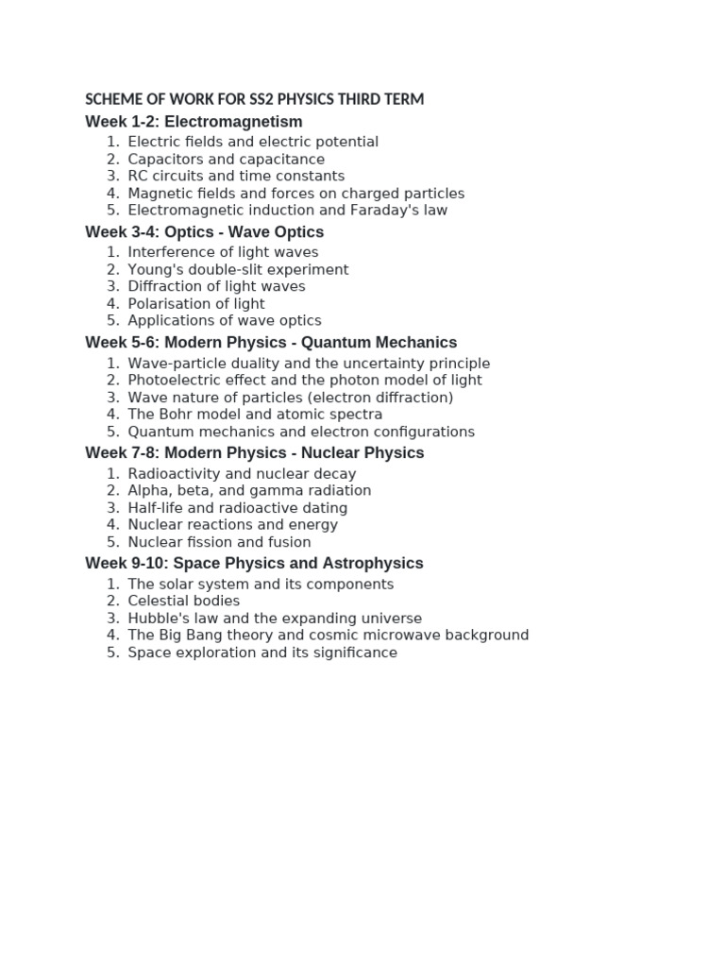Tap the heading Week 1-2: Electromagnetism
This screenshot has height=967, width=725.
pos(194,122)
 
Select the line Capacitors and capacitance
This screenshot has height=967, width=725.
pos(226,159)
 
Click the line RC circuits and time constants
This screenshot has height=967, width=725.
pos(236,176)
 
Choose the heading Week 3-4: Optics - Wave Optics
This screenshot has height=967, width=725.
pos(204,232)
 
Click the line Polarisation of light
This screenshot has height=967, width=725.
pos(196,303)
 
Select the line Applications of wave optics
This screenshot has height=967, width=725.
pos(225,320)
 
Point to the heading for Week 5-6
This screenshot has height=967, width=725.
pos(271,343)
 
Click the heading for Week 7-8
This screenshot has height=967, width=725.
pos(254,453)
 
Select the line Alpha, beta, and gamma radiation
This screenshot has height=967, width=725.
pos(249,490)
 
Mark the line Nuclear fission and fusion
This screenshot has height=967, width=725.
pos(219,541)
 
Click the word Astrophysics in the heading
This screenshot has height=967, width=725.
pos(373,564)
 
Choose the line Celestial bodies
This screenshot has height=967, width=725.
pos(184,601)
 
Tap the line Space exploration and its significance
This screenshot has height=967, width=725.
pos(262,652)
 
